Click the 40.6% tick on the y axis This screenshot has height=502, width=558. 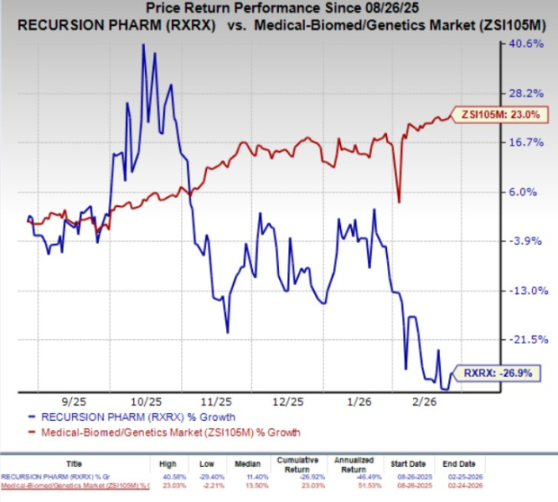pyautogui.click(x=527, y=43)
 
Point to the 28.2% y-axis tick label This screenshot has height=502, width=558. pyautogui.click(x=527, y=93)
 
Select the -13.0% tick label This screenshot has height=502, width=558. pyautogui.click(x=527, y=291)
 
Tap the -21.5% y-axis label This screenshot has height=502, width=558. pyautogui.click(x=527, y=340)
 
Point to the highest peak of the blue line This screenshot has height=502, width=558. pyautogui.click(x=143, y=45)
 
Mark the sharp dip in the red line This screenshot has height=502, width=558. pyautogui.click(x=399, y=201)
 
